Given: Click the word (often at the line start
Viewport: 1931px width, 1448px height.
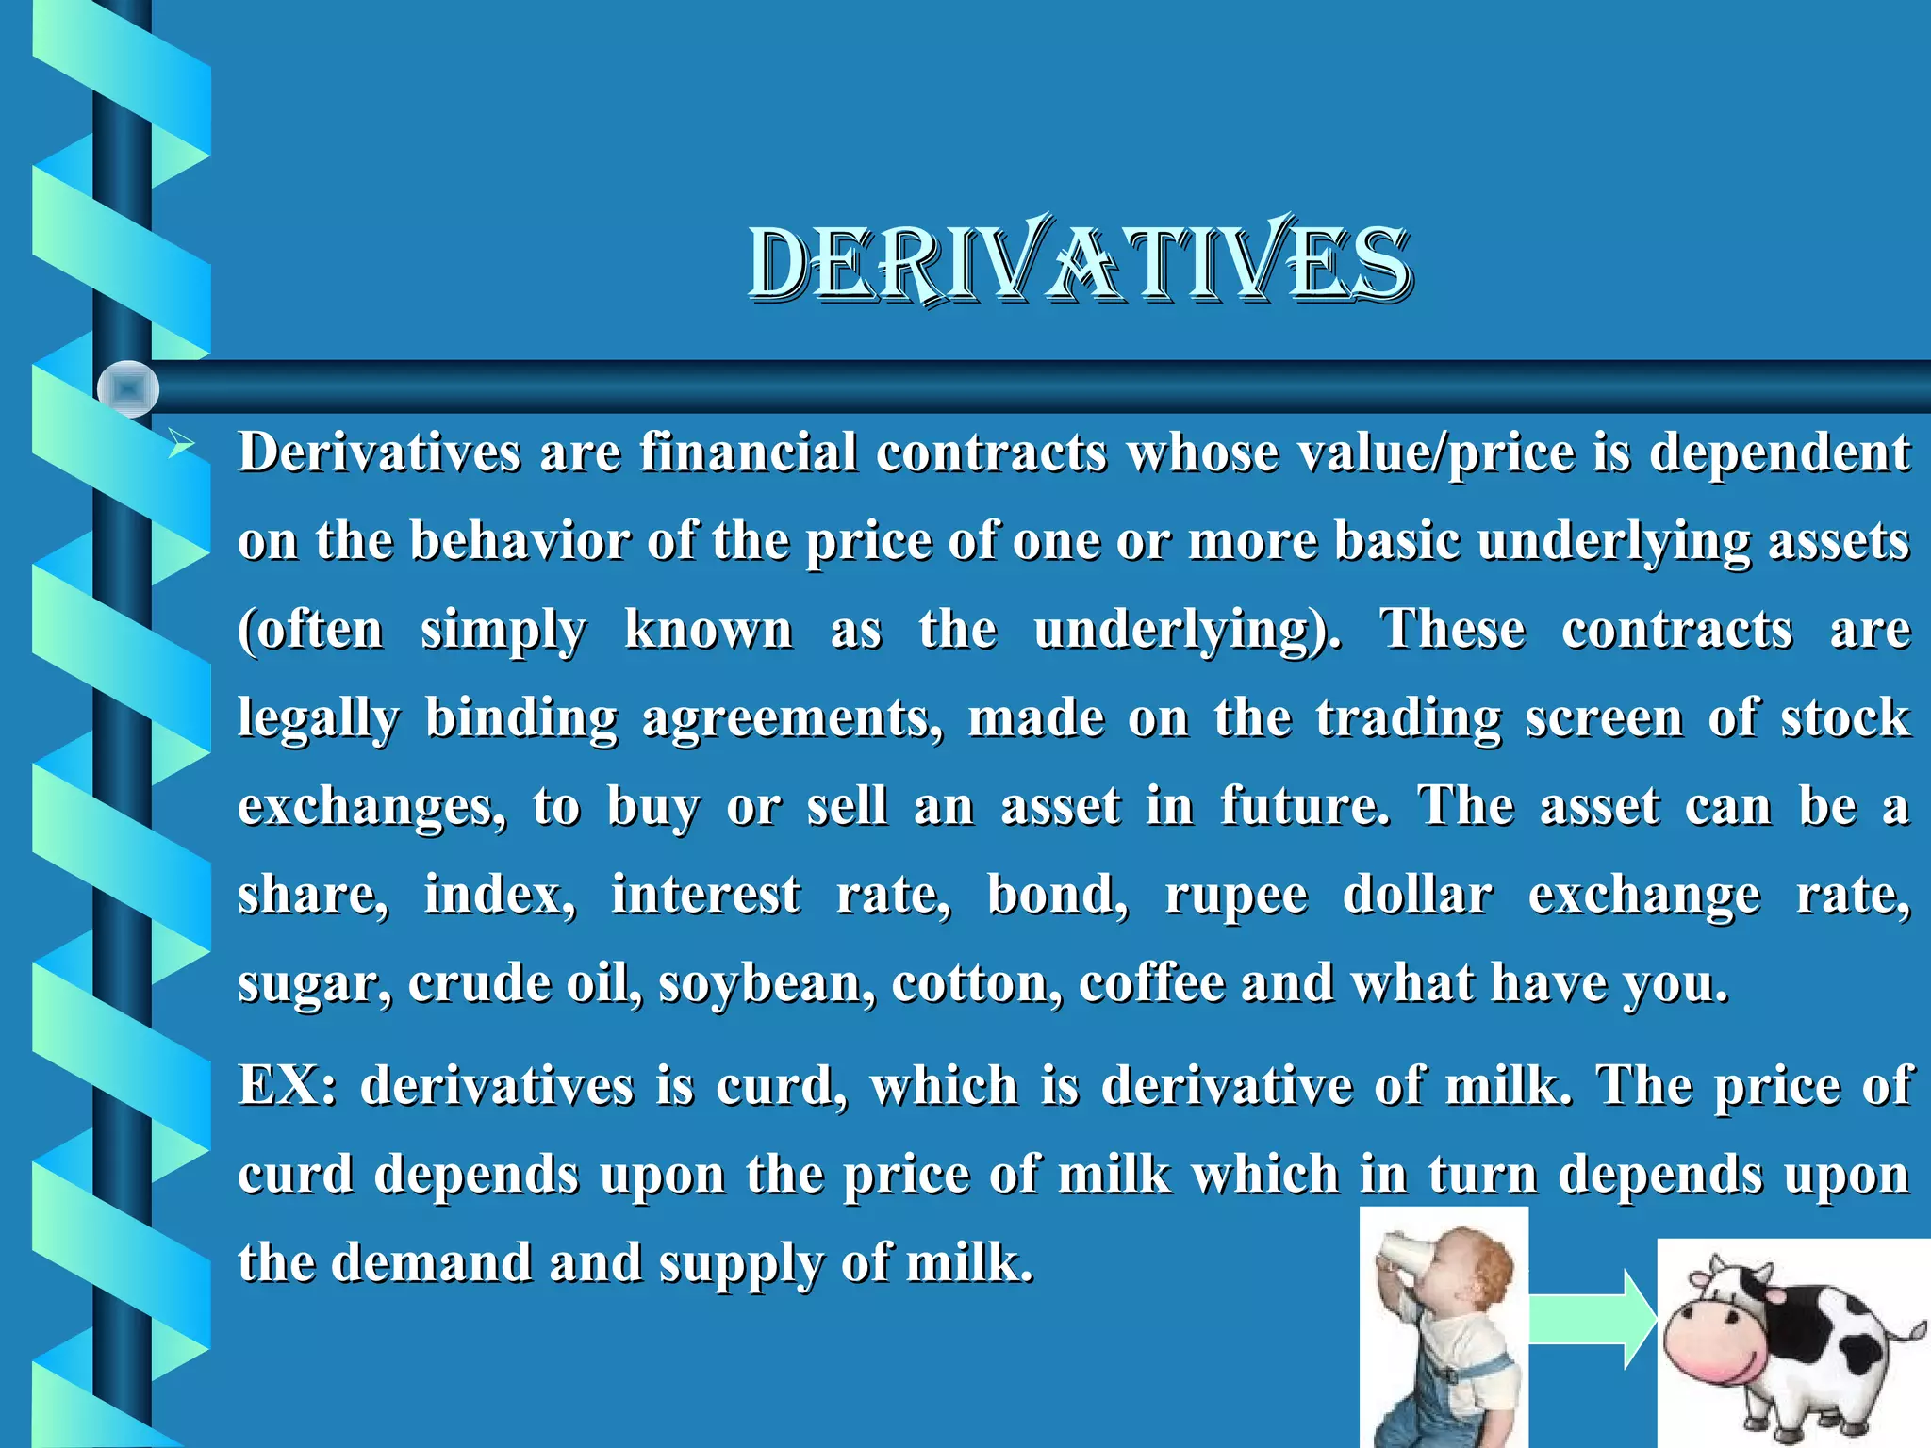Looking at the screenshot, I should (311, 631).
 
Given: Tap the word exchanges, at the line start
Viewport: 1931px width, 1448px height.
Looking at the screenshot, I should (371, 808).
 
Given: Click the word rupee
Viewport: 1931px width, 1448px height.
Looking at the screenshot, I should (1236, 897).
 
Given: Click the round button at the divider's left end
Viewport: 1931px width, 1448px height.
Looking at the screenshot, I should (128, 388).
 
